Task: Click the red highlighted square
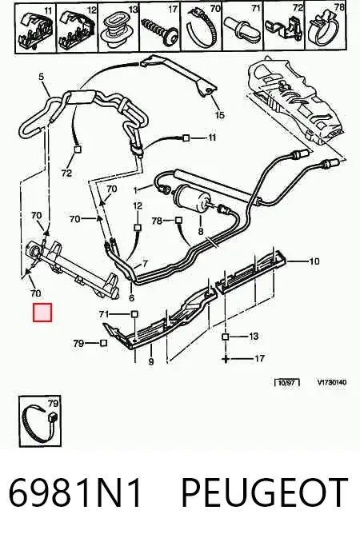[42, 313]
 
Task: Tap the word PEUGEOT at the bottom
[265, 492]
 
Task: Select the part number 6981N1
[74, 492]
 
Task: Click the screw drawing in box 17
[160, 31]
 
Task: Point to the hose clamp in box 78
[326, 29]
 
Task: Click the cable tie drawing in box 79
[39, 423]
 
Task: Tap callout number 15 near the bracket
[220, 114]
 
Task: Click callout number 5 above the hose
[42, 76]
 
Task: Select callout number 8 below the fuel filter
[201, 232]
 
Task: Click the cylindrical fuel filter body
[190, 197]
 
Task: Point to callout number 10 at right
[314, 261]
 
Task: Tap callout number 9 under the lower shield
[151, 361]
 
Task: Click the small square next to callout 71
[134, 314]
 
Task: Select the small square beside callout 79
[103, 343]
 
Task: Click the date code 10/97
[287, 382]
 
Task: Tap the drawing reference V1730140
[332, 382]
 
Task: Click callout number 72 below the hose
[66, 173]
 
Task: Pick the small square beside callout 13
[225, 337]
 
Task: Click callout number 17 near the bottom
[260, 359]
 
